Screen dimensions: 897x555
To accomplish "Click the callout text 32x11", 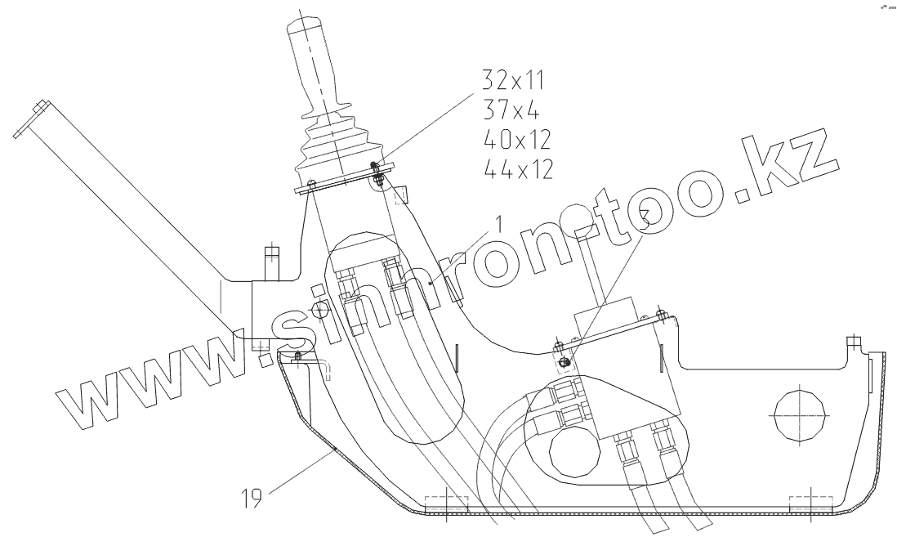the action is pos(513,80).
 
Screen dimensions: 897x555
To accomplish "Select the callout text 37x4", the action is pos(511,109).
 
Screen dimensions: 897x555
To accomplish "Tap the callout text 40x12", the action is pos(517,139).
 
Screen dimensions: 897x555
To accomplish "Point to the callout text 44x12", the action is pos(518,168).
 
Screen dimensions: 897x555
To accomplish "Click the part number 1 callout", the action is pos(499,224).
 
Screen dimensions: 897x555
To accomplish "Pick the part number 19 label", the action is pos(251,499).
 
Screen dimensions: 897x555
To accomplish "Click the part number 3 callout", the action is pos(644,218).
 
